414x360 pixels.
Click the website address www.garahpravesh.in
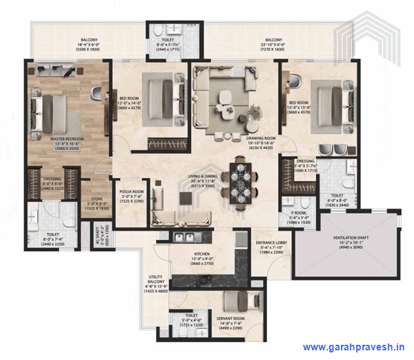pos(354,348)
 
